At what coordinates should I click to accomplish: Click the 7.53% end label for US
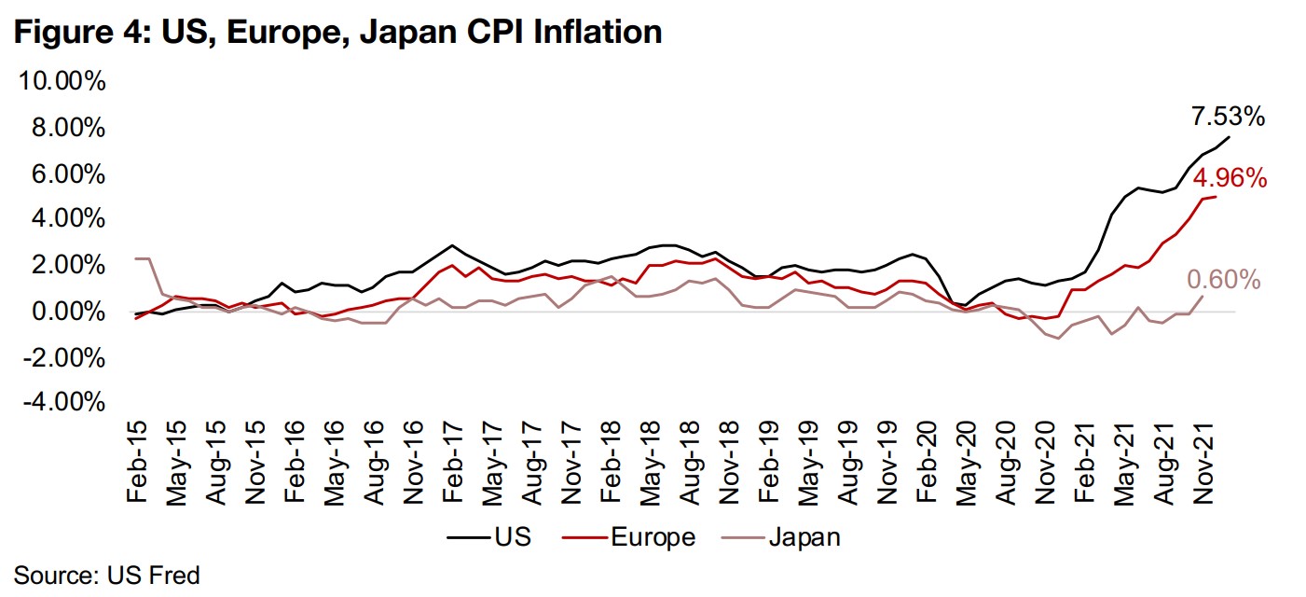pyautogui.click(x=1228, y=118)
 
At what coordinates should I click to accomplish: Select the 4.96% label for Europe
pyautogui.click(x=1230, y=178)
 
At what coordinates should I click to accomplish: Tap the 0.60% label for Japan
pyautogui.click(x=1224, y=280)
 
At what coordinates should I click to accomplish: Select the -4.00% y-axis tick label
pyautogui.click(x=62, y=402)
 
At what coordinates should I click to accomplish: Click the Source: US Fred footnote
pyautogui.click(x=107, y=575)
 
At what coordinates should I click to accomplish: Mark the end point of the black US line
pyautogui.click(x=1230, y=137)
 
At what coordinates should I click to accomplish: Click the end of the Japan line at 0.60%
pyautogui.click(x=1203, y=297)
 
